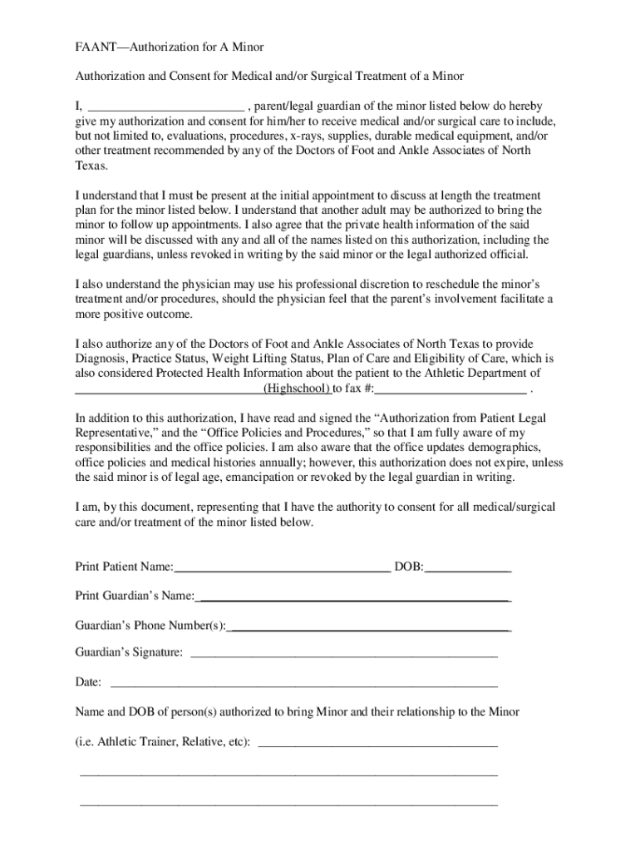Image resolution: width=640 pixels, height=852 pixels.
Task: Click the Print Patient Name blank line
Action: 282,568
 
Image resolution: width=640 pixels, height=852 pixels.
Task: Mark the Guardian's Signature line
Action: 344,655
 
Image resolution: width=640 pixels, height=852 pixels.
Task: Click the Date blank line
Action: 304,684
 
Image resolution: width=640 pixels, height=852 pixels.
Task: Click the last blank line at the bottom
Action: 288,805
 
